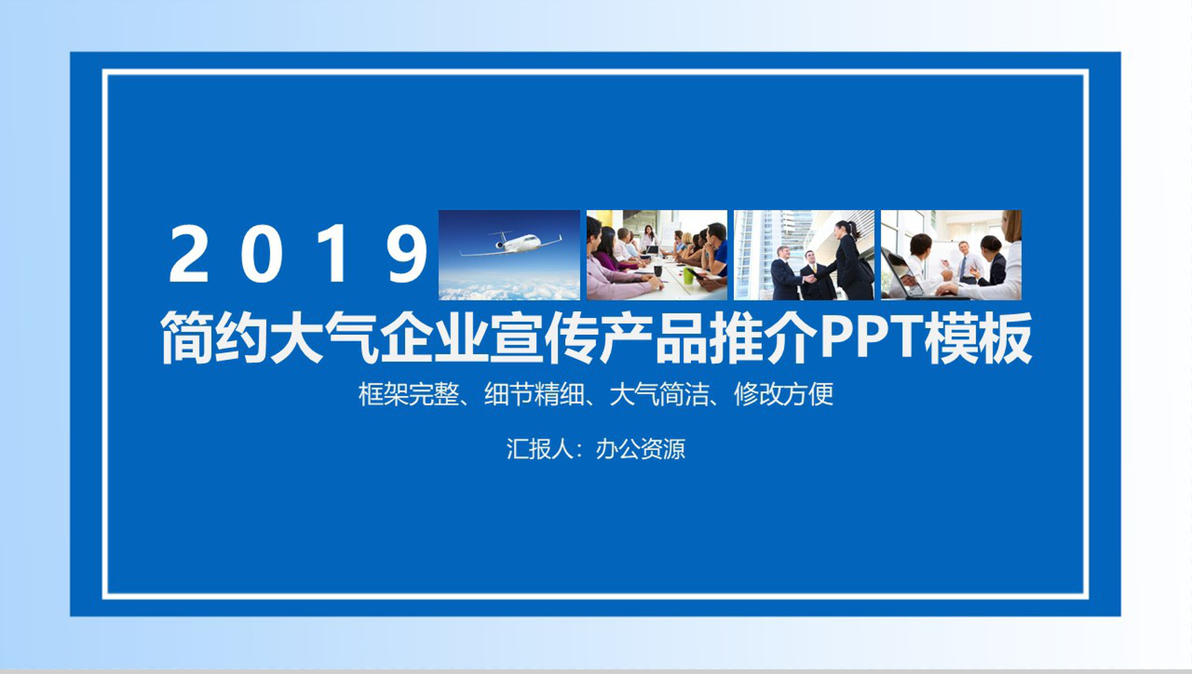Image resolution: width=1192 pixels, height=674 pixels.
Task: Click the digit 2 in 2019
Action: [x=189, y=254]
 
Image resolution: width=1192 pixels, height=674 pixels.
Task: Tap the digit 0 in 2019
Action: [x=261, y=254]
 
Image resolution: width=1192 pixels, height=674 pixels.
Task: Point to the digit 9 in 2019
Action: [x=407, y=254]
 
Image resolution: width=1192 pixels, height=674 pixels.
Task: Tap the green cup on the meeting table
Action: [x=687, y=275]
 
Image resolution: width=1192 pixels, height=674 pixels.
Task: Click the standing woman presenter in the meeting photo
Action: [x=649, y=239]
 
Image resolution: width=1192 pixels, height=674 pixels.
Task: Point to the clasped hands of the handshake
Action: [x=809, y=278]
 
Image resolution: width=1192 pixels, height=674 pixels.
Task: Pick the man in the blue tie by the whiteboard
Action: [x=964, y=260]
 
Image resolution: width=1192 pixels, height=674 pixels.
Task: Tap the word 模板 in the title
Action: [x=979, y=338]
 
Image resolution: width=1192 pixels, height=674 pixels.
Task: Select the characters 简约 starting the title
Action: [x=214, y=338]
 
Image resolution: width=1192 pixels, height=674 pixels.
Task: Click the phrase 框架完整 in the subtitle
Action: [x=408, y=394]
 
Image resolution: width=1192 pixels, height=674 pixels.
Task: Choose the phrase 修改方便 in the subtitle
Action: [x=784, y=394]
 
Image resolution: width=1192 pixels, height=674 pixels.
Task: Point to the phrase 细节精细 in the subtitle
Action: [x=534, y=394]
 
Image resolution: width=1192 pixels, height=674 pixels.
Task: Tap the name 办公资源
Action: [x=640, y=449]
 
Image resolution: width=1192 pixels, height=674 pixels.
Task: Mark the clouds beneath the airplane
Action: [x=509, y=286]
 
